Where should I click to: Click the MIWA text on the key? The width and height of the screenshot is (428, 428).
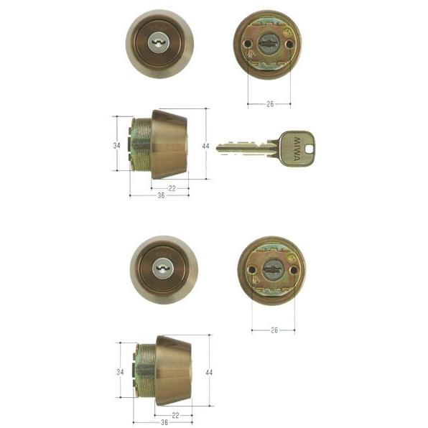[x=297, y=149]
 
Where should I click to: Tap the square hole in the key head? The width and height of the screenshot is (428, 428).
[x=309, y=149]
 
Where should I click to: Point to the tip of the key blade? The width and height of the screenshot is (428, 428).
[x=218, y=149]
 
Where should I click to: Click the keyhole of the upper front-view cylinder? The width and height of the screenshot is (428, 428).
[x=159, y=43]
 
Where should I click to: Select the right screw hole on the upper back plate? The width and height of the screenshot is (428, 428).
[x=289, y=44]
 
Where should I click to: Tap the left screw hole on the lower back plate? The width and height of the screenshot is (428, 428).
[x=252, y=270]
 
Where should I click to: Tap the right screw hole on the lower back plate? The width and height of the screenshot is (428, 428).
[x=294, y=270]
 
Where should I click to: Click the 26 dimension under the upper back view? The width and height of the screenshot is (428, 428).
[x=270, y=104]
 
